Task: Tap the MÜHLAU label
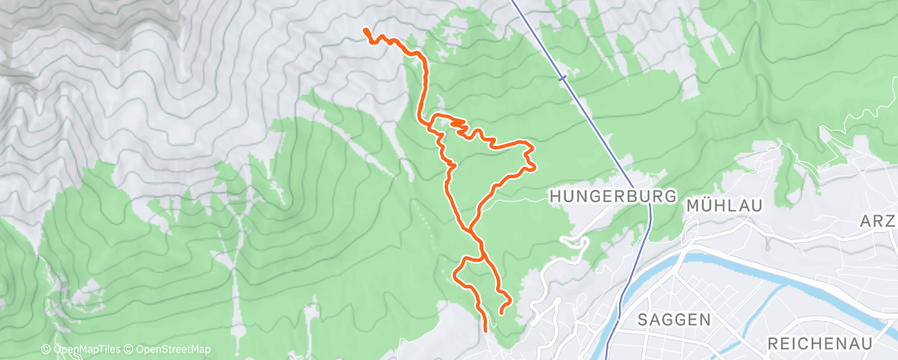(723, 205)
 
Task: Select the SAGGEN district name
(674, 319)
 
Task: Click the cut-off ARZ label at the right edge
(877, 221)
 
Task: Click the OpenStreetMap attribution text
(173, 350)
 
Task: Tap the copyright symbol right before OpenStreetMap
(130, 350)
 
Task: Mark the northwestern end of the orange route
(365, 31)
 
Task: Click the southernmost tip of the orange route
(484, 329)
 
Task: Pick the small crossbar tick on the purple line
(562, 78)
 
